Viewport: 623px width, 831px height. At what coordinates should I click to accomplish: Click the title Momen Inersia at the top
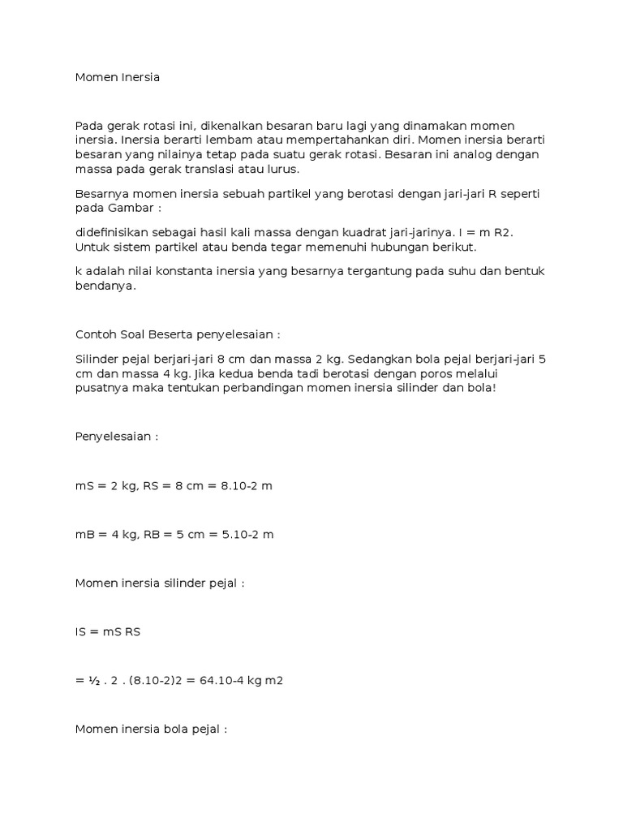(118, 78)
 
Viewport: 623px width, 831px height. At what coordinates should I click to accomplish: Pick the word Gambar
(127, 209)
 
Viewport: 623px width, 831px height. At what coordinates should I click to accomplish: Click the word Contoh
(96, 335)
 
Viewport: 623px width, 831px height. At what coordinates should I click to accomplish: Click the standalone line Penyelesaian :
(117, 436)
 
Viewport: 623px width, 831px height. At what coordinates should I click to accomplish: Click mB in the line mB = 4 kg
(84, 534)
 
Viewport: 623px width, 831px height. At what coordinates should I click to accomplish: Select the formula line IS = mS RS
(108, 631)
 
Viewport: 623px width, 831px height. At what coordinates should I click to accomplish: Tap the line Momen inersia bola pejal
(151, 729)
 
